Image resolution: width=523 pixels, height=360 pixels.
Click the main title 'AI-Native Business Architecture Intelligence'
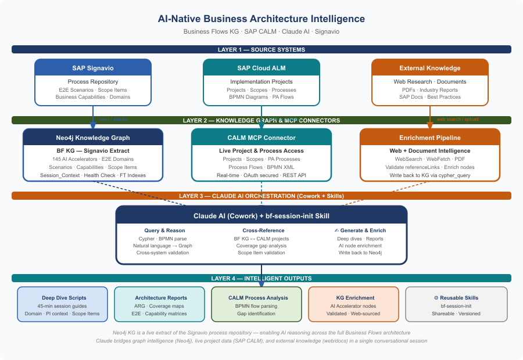point(261,19)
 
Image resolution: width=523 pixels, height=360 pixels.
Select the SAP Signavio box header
point(93,68)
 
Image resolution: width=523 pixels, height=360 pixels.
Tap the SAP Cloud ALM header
point(261,68)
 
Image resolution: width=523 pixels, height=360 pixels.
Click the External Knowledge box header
point(430,68)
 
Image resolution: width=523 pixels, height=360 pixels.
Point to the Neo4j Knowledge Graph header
point(93,138)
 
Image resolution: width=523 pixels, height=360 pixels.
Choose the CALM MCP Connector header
point(261,138)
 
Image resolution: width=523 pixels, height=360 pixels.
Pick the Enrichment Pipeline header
point(430,138)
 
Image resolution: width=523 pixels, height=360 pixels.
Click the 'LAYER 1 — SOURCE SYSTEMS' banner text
point(261,50)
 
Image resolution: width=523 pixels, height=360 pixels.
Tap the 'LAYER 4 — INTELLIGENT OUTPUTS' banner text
point(261,279)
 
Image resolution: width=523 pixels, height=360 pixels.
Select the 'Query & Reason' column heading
point(165,231)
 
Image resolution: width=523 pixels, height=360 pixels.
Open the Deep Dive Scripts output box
point(63,304)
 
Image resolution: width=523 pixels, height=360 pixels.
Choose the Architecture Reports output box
point(161,304)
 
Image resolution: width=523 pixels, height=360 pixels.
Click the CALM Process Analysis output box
point(256,304)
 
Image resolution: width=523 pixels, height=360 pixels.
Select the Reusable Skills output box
point(456,304)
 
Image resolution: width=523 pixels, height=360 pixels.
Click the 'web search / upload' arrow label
point(458,120)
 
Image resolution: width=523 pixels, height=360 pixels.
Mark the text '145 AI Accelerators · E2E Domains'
point(93,159)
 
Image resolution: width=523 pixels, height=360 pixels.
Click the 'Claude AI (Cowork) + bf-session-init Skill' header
point(261,216)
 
